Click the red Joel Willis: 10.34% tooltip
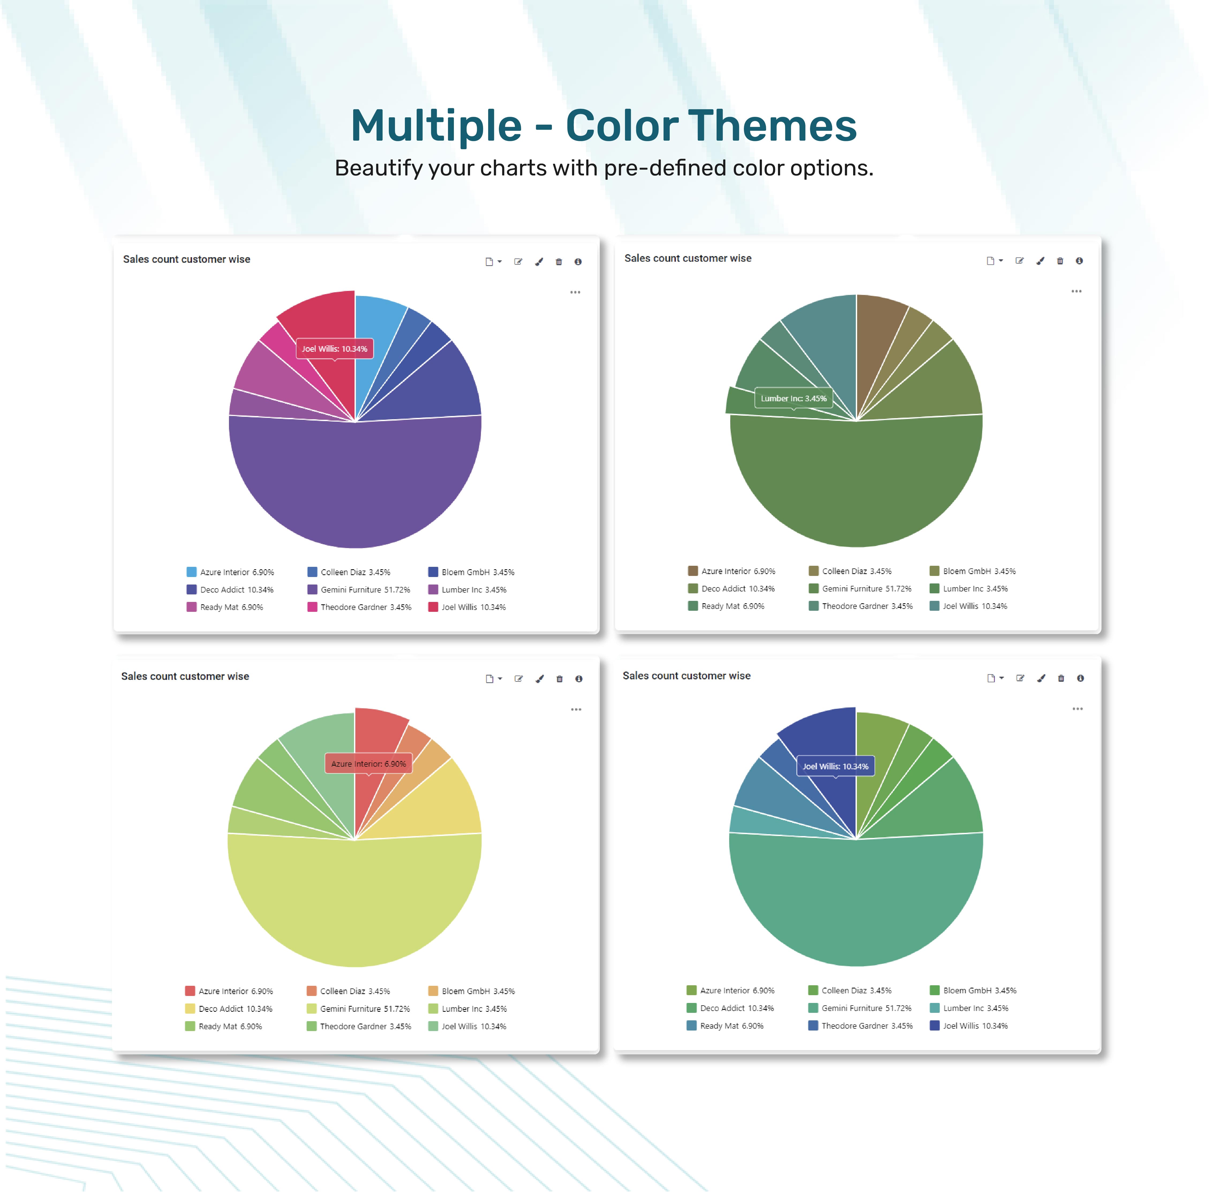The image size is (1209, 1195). point(335,349)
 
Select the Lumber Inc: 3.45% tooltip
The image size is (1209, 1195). point(793,398)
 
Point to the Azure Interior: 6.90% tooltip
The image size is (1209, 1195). point(368,764)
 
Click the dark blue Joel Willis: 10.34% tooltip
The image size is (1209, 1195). point(835,766)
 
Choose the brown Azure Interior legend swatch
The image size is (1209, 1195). point(693,571)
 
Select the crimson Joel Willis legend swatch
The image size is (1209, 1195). point(433,606)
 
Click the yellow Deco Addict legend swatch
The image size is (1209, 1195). point(190,1009)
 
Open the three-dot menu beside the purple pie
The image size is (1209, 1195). point(575,292)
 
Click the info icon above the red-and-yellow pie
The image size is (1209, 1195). point(579,679)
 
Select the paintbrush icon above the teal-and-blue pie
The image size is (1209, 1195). point(1041,678)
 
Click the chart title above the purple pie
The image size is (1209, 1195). point(186,259)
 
